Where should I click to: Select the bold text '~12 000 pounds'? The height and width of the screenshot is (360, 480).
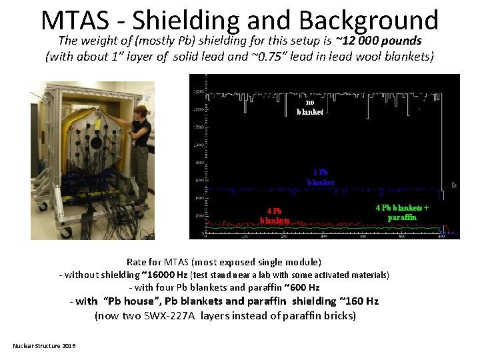(379, 41)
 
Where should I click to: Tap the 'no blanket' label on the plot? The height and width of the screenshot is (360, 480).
(310, 107)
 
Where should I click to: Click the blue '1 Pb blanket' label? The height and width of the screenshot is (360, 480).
(320, 177)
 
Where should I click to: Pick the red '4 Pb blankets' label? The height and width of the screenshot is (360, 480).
(275, 215)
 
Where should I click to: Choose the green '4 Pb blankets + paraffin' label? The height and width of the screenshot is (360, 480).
(402, 212)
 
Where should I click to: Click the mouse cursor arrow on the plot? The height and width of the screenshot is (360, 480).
(455, 185)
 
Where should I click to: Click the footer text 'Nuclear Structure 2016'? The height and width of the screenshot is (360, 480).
(44, 345)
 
